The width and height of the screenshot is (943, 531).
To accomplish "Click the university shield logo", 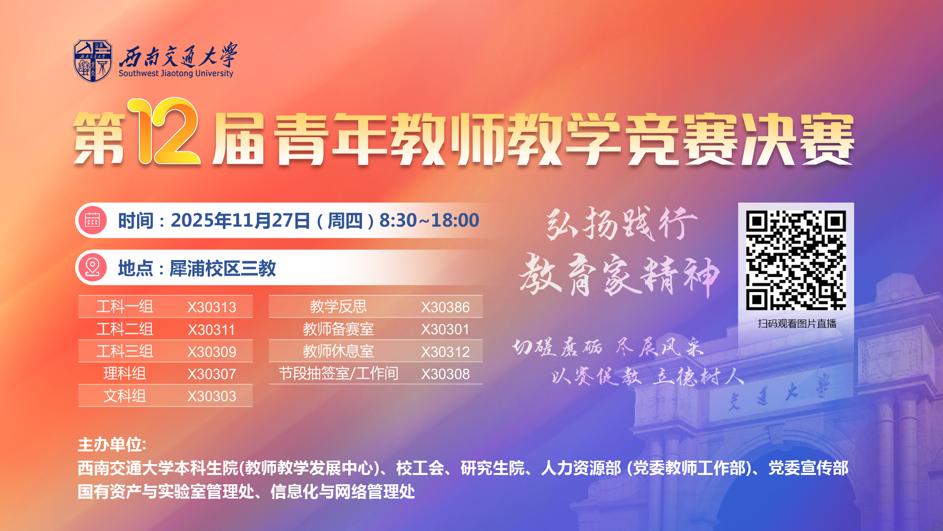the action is (x=93, y=61).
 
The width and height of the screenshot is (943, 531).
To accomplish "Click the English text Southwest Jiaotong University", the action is (x=176, y=74).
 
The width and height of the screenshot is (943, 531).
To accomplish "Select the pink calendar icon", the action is (x=92, y=220).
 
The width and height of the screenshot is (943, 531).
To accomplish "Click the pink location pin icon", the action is (x=92, y=268).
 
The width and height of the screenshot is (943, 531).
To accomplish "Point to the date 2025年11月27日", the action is (x=240, y=221).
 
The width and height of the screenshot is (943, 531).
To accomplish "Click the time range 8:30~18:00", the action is (x=429, y=221).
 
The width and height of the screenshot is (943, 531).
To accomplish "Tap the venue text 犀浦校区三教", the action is (x=222, y=268).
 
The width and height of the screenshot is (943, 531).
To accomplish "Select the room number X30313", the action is (x=212, y=307).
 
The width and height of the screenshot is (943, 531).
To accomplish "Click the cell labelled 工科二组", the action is (x=125, y=329).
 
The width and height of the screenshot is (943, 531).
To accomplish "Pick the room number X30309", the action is (x=212, y=352).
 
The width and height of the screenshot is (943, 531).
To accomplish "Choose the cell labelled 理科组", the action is (x=125, y=374).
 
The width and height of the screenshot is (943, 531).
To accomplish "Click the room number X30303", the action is (x=212, y=396).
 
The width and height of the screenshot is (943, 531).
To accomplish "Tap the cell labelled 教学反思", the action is (x=338, y=307).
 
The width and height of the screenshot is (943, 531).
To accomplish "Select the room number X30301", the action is (x=445, y=329).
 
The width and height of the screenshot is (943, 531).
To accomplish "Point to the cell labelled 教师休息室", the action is (x=338, y=352).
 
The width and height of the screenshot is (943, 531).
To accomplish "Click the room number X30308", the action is (x=445, y=374).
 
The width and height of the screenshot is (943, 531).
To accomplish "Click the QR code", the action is (x=796, y=260).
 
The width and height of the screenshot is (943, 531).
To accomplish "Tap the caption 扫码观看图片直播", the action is (x=797, y=324).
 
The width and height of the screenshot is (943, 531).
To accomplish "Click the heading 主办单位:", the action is (x=112, y=444).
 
